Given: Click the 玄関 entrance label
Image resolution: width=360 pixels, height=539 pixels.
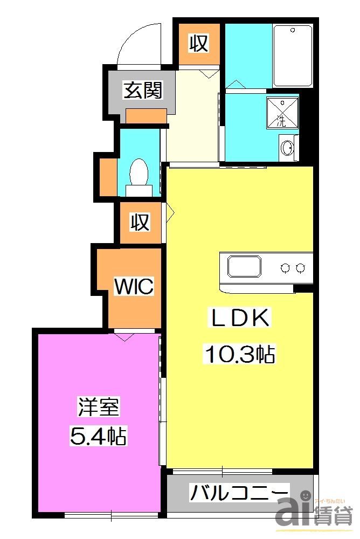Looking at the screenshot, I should [142, 91].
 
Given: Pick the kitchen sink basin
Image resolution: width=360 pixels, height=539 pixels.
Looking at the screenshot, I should [244, 267].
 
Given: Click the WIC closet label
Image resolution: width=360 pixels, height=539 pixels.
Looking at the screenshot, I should [134, 286].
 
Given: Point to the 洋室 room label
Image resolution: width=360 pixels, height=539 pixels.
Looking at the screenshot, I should [99, 407].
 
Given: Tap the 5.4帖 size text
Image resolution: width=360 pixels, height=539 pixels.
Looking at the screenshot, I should [99, 436].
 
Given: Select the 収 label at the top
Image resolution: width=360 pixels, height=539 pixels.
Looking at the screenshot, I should [198, 44].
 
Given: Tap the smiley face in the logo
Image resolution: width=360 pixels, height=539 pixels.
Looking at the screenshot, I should [303, 494].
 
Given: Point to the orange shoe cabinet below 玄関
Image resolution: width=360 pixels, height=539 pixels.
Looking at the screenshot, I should [146, 115].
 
